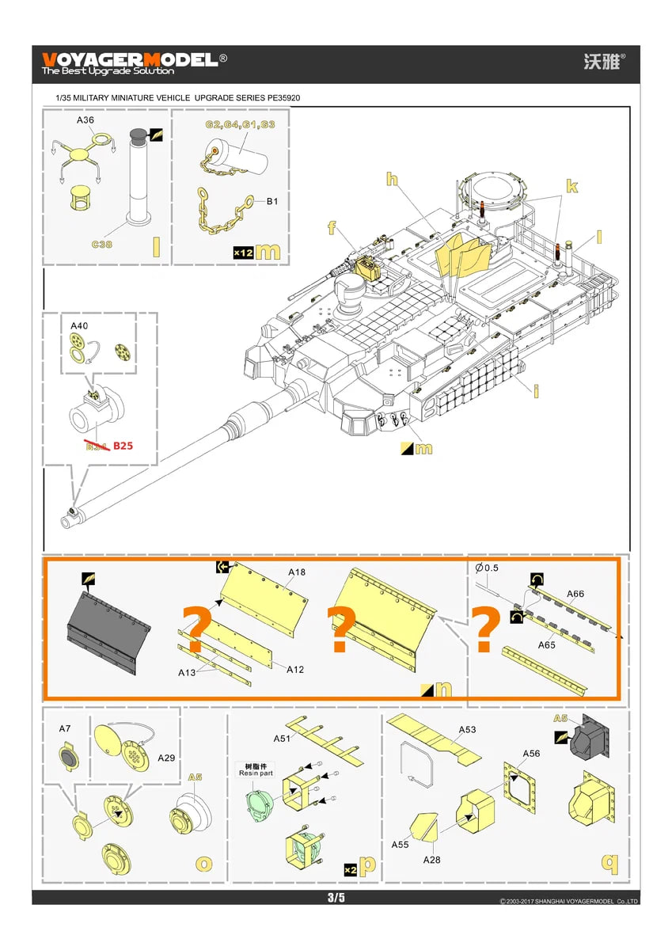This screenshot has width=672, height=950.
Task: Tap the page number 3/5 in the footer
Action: click(x=336, y=897)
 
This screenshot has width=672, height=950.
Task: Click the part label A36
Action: click(x=85, y=120)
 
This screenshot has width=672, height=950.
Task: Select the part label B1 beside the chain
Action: click(x=271, y=202)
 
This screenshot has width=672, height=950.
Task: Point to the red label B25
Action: click(x=123, y=446)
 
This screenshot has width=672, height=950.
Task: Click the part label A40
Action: click(x=80, y=326)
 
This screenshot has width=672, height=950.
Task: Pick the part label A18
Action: click(x=297, y=572)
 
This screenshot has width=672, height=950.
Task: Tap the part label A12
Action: click(x=295, y=670)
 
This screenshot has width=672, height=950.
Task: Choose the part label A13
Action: click(x=187, y=672)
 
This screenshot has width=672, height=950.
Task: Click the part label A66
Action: click(x=575, y=594)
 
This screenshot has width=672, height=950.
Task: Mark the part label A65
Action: click(x=547, y=645)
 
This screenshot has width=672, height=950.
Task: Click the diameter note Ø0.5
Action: click(x=487, y=568)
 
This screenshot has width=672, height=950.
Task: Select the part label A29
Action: click(x=166, y=758)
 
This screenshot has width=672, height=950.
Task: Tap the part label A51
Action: click(x=282, y=738)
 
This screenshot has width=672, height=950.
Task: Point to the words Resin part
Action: click(x=255, y=773)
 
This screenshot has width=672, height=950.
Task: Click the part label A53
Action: click(x=468, y=729)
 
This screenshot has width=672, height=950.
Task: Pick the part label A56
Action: click(x=531, y=754)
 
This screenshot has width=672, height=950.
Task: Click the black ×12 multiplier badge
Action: click(x=243, y=252)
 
